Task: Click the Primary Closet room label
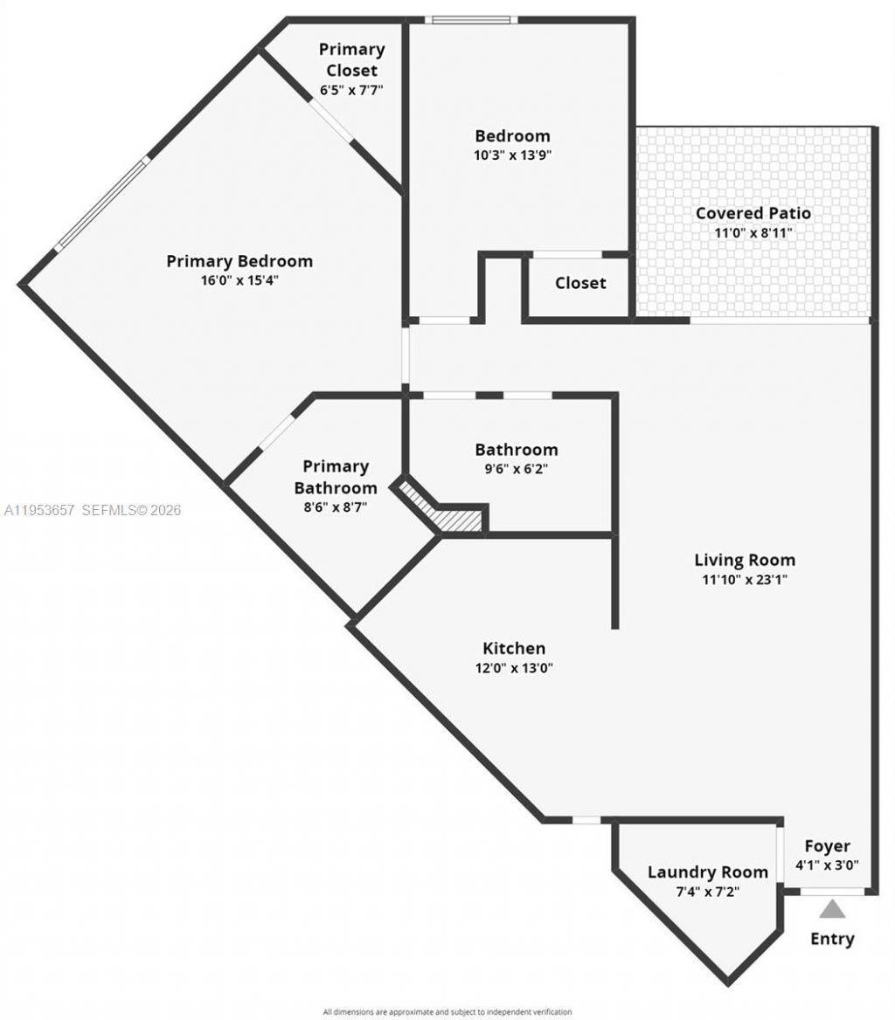point(351,59)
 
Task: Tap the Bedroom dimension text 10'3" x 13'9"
point(512,155)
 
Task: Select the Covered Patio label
point(753,213)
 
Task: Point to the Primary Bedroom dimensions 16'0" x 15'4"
point(239,280)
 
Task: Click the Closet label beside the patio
point(580,283)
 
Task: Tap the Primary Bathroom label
point(336,477)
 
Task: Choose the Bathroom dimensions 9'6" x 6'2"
point(516,469)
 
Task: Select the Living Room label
point(745,560)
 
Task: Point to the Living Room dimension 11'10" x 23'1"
point(745,579)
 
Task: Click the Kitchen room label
point(514,648)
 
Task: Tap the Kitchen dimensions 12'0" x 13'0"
point(514,668)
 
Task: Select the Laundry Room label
point(708,872)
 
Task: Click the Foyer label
point(827,846)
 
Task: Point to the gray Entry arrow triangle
point(832,910)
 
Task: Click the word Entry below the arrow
point(832,940)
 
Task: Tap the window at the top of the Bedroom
point(471,19)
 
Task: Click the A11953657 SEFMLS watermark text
point(91,510)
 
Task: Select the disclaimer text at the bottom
point(447,1011)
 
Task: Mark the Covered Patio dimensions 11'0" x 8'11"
point(753,233)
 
